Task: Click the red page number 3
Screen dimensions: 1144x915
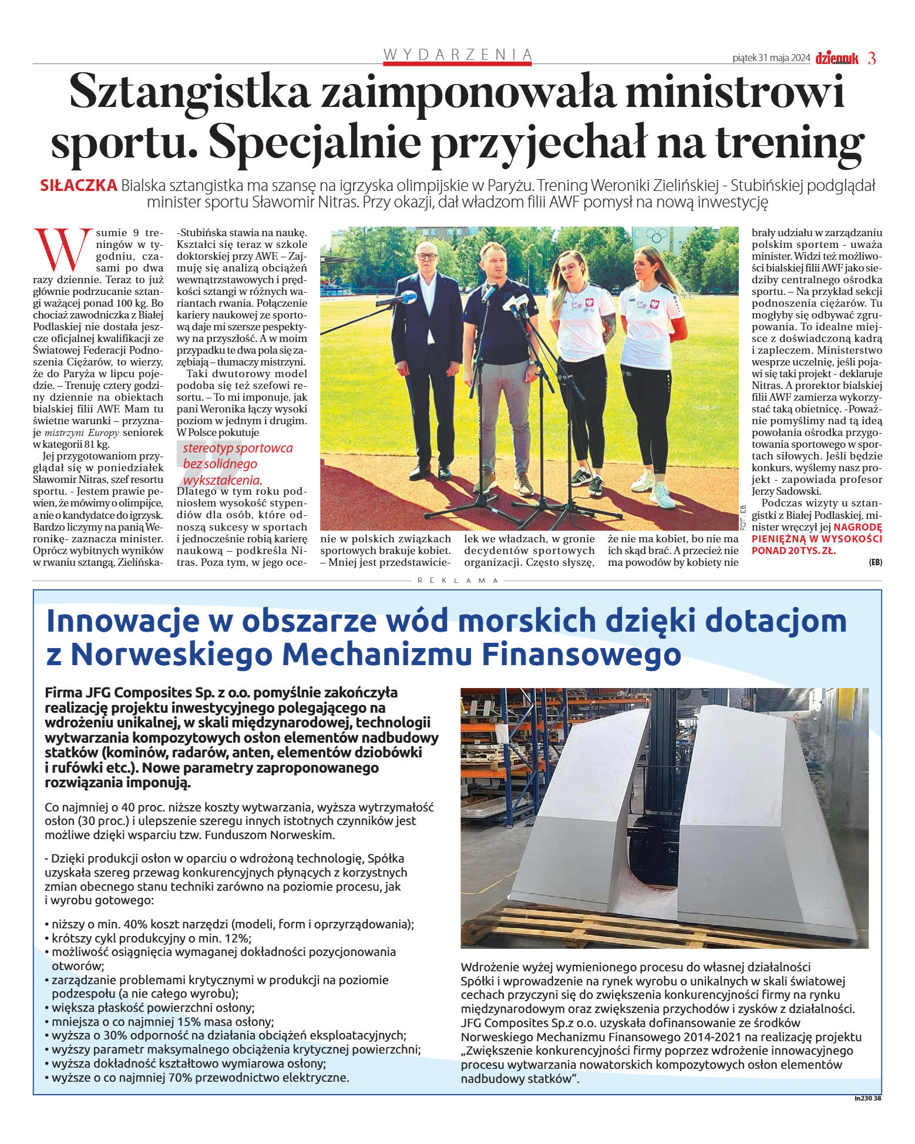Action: [x=872, y=58]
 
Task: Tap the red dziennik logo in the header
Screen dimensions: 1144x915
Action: [x=837, y=58]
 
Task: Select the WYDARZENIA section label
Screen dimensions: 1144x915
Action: [x=457, y=55]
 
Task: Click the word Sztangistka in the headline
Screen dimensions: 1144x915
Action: [x=190, y=92]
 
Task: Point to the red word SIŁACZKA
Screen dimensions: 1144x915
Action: [x=78, y=186]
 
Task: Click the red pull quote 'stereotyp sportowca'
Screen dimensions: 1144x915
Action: [x=237, y=448]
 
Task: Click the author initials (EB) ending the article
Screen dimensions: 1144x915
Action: [x=875, y=562]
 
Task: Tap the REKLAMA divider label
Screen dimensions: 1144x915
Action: [x=457, y=581]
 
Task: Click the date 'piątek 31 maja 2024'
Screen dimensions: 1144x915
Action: [x=771, y=58]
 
